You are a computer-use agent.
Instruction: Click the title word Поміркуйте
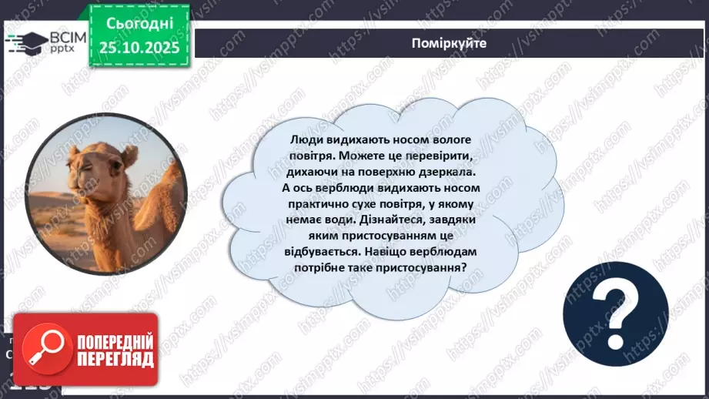449,43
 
